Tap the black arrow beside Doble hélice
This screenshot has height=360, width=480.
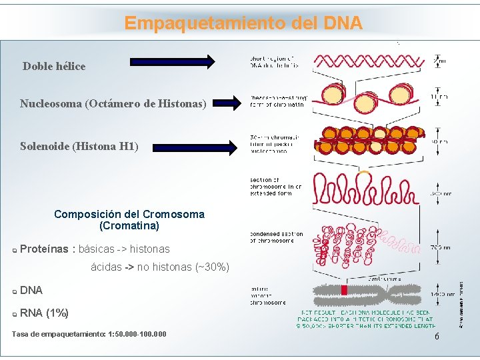pos(173,62)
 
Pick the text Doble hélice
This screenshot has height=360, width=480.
pos(54,66)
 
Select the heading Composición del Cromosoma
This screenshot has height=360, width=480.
pos(129,214)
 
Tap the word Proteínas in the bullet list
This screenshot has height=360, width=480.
pos(45,249)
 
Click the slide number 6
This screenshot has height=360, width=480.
pos(437,337)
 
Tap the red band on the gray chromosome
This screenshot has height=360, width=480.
pos(345,290)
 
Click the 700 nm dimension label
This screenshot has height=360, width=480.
pos(441,247)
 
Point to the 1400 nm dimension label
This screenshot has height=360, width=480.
pos(441,293)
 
